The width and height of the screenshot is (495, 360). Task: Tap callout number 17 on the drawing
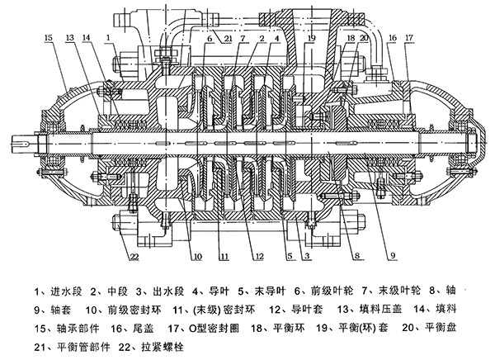coord(409,38)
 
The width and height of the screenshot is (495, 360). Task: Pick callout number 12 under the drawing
coord(258,256)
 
